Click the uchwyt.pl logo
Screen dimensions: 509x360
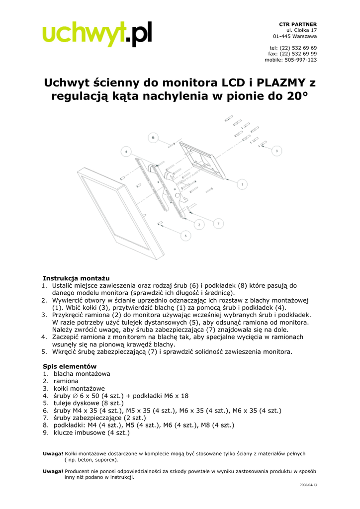click(97, 34)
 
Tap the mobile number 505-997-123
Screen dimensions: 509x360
click(300, 60)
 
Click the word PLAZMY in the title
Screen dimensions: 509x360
click(277, 82)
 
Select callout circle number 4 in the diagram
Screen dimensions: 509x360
click(126, 151)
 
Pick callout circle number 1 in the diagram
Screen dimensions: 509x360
click(242, 184)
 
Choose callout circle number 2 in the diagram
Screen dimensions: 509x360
click(199, 225)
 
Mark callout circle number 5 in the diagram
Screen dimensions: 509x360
click(185, 236)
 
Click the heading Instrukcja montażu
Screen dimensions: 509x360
click(76, 278)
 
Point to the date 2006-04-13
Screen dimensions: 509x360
click(308, 485)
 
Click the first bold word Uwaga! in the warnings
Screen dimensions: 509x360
click(53, 453)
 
